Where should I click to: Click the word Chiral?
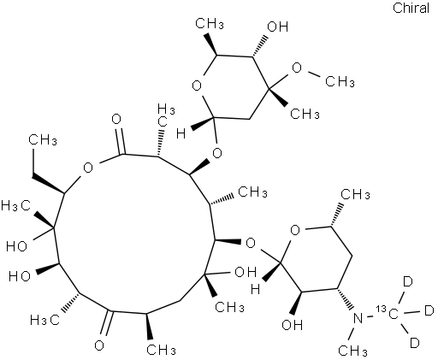(411, 8)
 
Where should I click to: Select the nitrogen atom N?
(358, 318)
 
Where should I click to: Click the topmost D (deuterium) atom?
(408, 281)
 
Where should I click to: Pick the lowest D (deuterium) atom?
(414, 342)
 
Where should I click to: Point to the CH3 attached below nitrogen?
(352, 351)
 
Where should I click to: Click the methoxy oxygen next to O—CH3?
(297, 68)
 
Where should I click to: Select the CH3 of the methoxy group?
(340, 82)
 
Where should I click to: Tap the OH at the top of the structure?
(278, 27)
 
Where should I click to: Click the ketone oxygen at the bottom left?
(99, 345)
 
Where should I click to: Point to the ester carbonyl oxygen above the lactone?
(116, 119)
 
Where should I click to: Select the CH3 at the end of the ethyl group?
(42, 139)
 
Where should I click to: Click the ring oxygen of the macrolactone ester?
(88, 168)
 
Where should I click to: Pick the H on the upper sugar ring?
(181, 133)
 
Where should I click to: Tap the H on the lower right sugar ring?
(255, 290)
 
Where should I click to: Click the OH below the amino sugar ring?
(292, 324)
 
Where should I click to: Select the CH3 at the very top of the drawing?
(210, 24)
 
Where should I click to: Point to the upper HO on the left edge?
(17, 246)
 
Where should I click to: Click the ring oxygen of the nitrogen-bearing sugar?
(295, 230)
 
